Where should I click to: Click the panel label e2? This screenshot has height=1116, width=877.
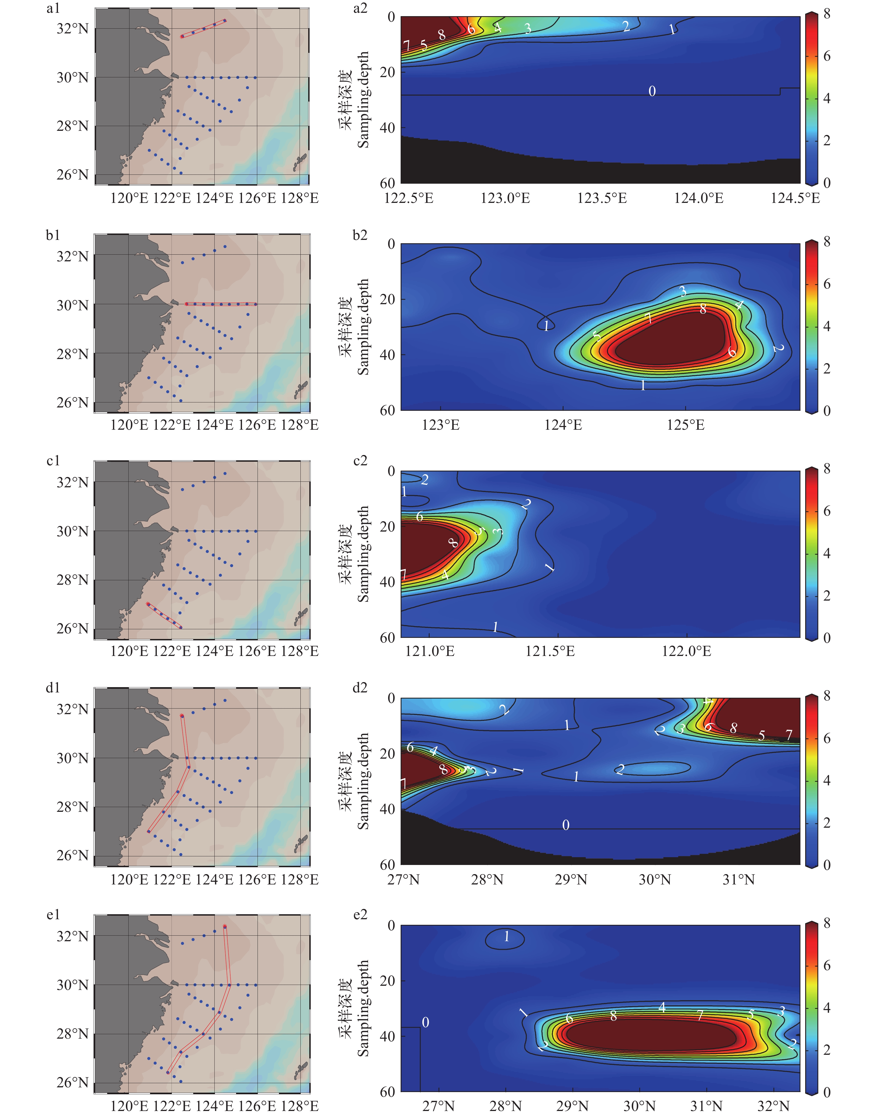[361, 914]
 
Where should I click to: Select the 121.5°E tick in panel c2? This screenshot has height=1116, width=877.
[550, 652]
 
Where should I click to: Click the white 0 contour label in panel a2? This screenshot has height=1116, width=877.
[652, 91]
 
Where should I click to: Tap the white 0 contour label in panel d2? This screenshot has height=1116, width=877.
[566, 825]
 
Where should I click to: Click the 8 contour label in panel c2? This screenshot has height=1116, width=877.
[453, 543]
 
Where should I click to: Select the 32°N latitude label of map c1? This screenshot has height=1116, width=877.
[72, 483]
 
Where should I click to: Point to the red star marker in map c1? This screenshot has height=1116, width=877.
[148, 604]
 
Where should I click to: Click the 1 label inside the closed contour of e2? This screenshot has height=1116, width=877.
[506, 937]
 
